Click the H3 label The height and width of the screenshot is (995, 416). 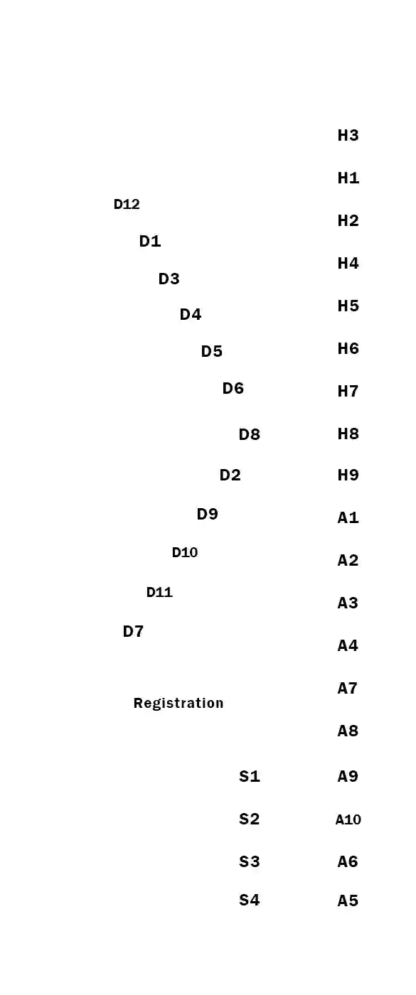tap(348, 136)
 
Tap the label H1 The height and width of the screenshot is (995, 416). tap(348, 178)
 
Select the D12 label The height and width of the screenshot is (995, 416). tap(127, 205)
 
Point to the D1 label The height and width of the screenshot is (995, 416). tap(150, 242)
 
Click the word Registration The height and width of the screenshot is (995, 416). tap(178, 703)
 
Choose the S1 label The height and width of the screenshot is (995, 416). tap(250, 777)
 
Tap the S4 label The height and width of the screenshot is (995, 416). tap(250, 900)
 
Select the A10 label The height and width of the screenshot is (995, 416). tap(348, 819)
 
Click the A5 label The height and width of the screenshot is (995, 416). tap(348, 901)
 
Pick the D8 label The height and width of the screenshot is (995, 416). tap(250, 435)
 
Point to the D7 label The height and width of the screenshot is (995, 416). tap(133, 632)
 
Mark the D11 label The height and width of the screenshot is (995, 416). tap(159, 592)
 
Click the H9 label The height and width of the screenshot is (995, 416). tap(348, 475)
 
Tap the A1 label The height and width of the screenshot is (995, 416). tap(348, 518)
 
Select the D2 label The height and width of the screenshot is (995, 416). tap(230, 475)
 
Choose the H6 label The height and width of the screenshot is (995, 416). tap(348, 349)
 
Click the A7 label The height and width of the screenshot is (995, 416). tap(348, 688)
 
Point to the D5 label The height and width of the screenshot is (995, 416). tap(211, 352)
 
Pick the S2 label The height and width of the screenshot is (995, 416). tap(250, 819)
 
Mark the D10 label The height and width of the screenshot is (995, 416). tap(185, 552)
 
